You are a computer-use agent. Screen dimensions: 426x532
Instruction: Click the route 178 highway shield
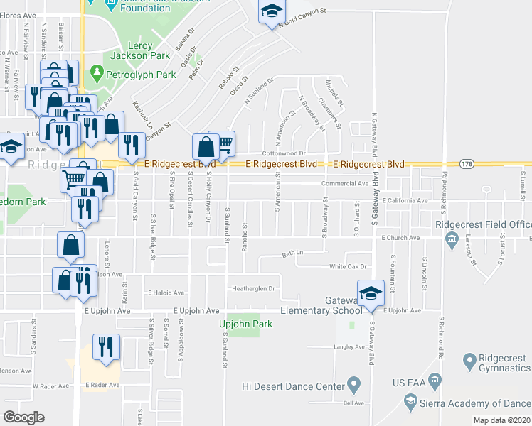click(466, 164)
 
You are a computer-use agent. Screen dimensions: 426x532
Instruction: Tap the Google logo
click(23, 417)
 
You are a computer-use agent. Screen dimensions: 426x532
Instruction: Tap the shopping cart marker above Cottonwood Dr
click(223, 144)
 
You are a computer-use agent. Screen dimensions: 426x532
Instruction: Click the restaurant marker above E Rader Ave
click(107, 346)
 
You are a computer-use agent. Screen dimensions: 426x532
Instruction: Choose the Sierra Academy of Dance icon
click(410, 403)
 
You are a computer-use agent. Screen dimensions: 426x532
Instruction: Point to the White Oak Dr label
click(347, 266)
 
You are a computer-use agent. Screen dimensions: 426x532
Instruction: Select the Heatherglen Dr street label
click(253, 289)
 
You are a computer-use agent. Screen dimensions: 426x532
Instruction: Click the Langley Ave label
click(349, 347)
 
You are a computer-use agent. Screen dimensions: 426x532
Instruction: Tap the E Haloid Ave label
click(165, 293)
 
